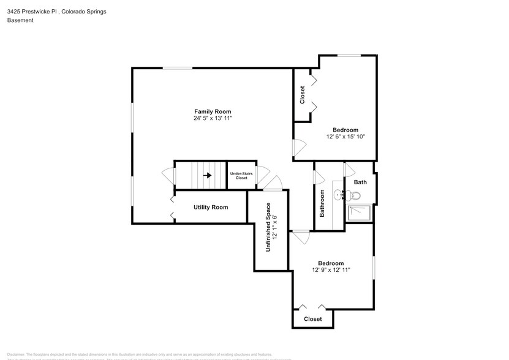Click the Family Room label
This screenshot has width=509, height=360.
click(x=213, y=111)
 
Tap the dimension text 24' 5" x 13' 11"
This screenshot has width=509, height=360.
click(x=213, y=118)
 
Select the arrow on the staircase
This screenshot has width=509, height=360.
click(x=208, y=175)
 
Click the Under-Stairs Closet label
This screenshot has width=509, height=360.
click(x=242, y=176)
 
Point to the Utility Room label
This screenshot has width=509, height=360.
click(x=211, y=208)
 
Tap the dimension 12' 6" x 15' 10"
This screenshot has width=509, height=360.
click(x=345, y=137)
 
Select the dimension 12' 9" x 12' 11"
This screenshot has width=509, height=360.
click(x=331, y=269)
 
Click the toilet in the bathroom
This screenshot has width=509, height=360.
click(x=354, y=196)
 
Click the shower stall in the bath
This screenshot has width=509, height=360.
click(x=359, y=212)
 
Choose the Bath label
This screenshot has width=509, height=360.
click(x=360, y=182)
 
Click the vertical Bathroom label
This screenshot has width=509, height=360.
click(x=322, y=203)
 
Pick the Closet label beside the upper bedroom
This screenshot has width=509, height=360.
click(x=302, y=95)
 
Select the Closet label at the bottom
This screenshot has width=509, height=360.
click(x=312, y=319)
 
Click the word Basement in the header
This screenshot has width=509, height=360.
click(x=20, y=20)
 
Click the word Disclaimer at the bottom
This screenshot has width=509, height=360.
click(x=16, y=354)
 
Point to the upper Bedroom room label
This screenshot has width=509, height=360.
click(x=345, y=130)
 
